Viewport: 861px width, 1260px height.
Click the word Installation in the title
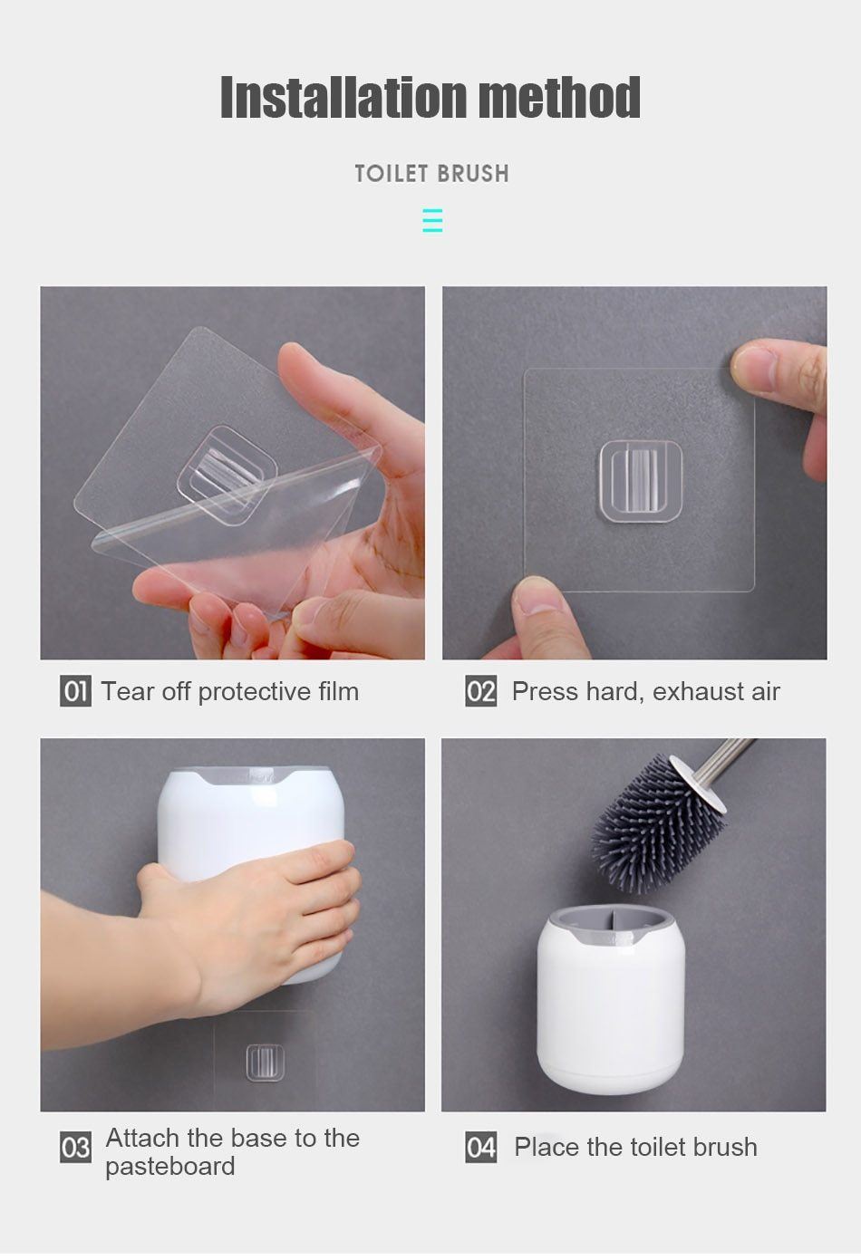pos(343,97)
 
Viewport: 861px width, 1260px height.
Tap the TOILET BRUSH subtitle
pos(431,174)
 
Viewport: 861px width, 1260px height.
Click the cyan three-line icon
pos(432,220)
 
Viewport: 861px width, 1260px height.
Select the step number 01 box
pos(75,691)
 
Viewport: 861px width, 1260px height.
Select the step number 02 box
pos(480,691)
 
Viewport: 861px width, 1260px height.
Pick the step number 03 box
pos(75,1148)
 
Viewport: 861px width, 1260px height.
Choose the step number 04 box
pos(480,1148)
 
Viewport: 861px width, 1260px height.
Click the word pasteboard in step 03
pos(170,1167)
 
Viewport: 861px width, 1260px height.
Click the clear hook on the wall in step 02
pos(641,481)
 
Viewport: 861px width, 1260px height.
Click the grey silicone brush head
pos(655,825)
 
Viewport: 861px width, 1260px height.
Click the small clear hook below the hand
pos(265,1063)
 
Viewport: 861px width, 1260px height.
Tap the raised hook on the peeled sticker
pos(227,476)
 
